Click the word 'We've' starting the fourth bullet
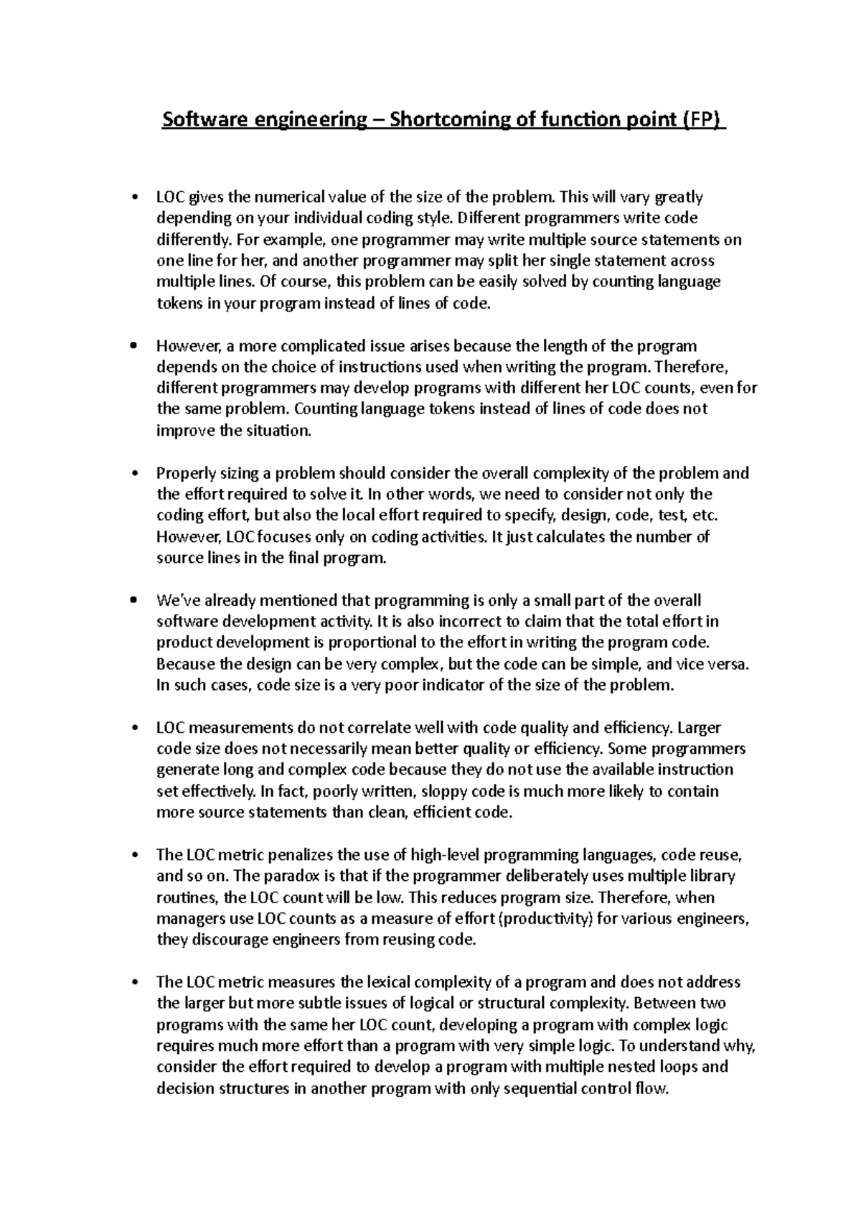(x=175, y=600)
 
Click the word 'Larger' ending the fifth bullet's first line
(x=699, y=727)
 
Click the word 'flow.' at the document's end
(x=652, y=1088)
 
